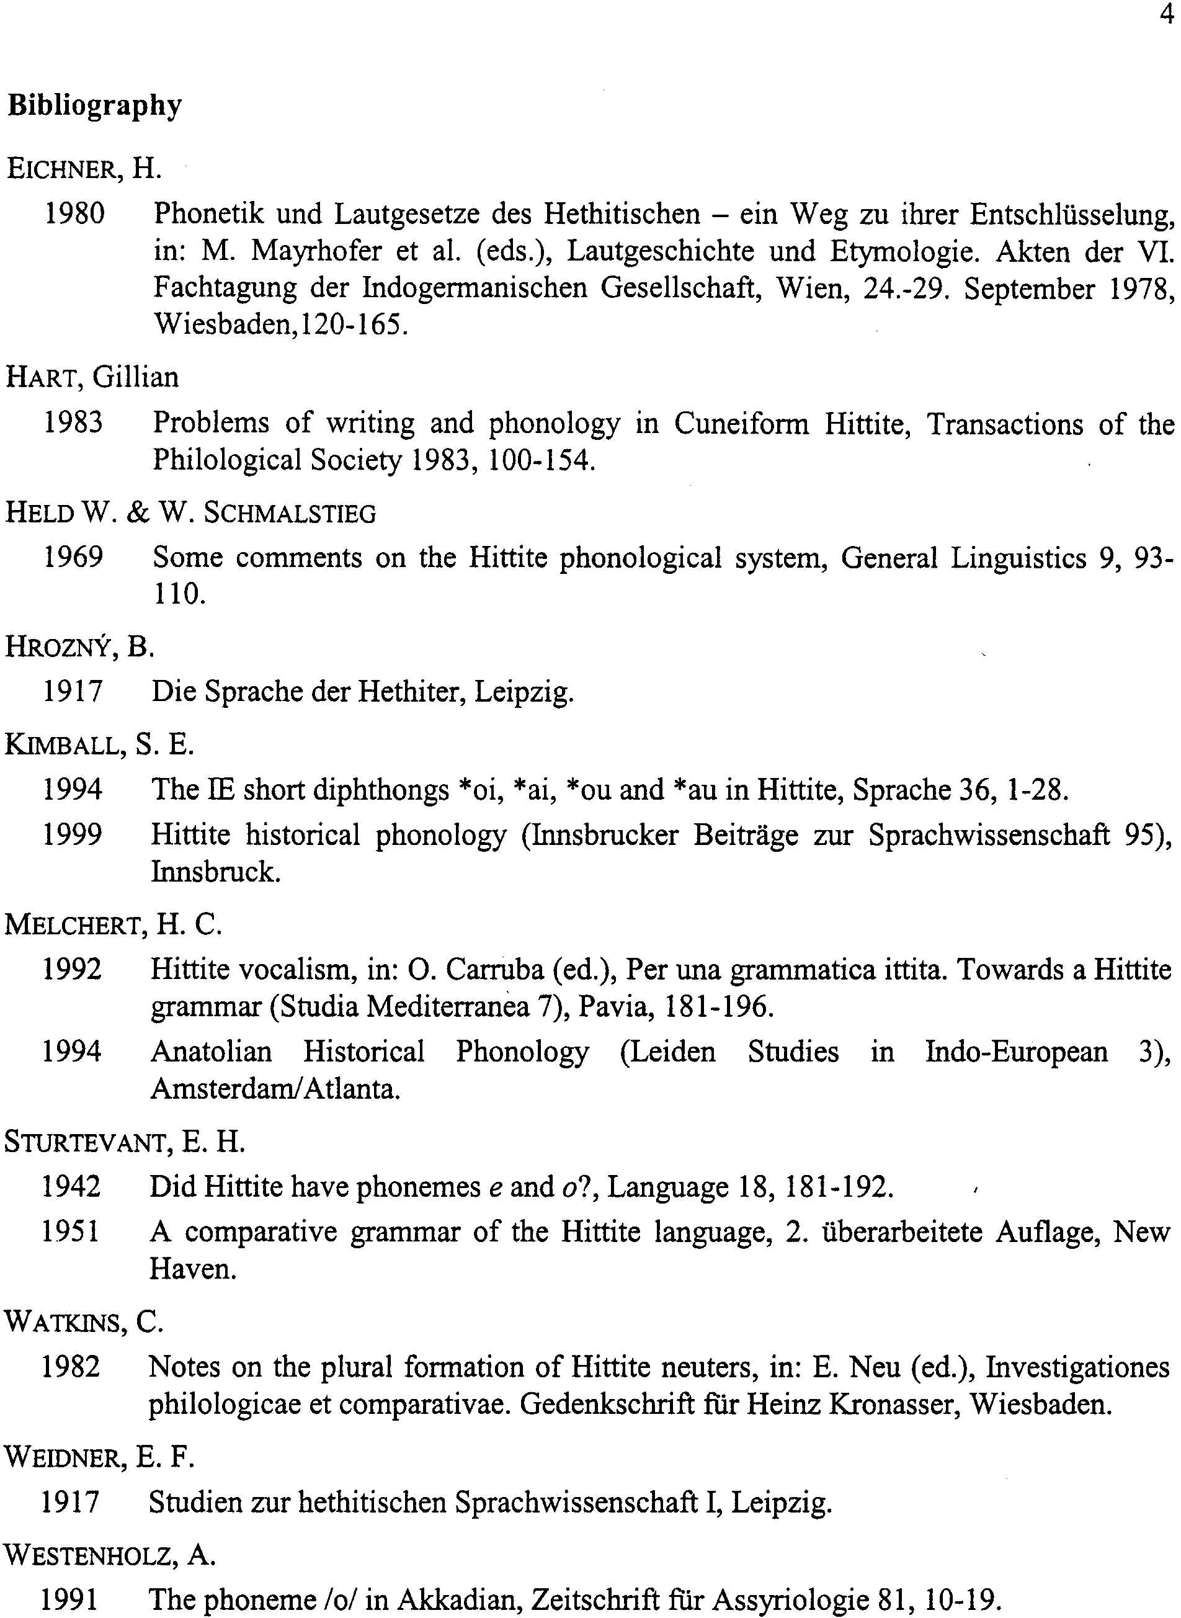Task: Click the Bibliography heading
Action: (95, 106)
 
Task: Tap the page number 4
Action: (1166, 14)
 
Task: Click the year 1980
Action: (74, 213)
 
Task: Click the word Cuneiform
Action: (741, 423)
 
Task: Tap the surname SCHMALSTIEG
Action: (290, 513)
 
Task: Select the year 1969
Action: (73, 557)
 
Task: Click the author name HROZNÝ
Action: (60, 647)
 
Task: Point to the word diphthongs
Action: (381, 789)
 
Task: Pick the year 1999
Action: (72, 834)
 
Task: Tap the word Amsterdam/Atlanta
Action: (275, 1089)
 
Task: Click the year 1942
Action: (71, 1187)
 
